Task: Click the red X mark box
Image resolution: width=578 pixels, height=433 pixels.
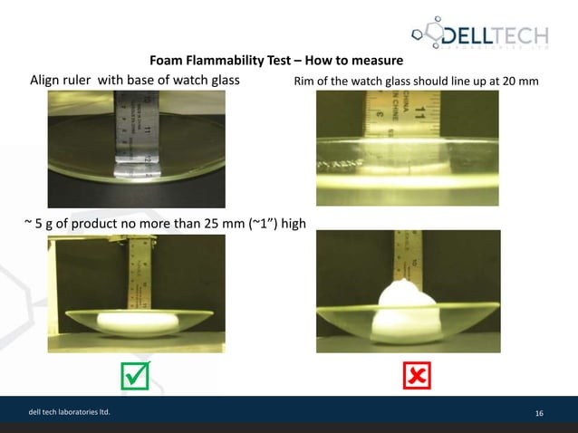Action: (x=418, y=374)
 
